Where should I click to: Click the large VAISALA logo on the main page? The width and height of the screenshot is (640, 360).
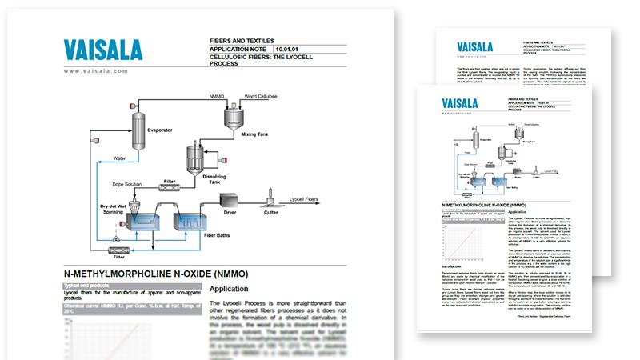[x=105, y=50]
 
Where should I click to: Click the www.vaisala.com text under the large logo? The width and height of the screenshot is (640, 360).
[x=94, y=71]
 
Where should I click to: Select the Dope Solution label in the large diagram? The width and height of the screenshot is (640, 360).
[x=126, y=186]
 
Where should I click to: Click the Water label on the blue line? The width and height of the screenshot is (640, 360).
[x=121, y=146]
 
